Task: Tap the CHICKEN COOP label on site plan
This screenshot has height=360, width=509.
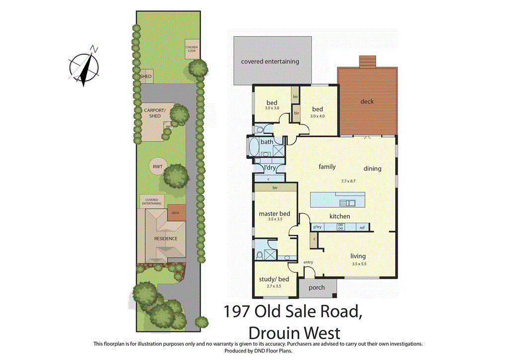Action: point(192,48)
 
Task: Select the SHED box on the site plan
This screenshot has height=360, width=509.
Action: point(146,77)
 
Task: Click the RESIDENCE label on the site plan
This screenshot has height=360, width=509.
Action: point(166,238)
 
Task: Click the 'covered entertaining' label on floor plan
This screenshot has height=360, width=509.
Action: point(270,62)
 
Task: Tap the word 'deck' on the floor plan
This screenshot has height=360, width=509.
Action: point(367,101)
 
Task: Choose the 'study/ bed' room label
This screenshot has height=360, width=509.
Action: point(274,279)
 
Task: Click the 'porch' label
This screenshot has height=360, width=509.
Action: point(317,287)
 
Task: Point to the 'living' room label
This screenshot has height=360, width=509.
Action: point(357,256)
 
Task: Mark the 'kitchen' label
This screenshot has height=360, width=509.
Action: point(339,216)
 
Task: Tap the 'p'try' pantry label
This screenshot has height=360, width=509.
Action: point(317,227)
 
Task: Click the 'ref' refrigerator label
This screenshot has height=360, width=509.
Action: point(362,227)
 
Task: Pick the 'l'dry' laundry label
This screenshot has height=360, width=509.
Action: point(269,169)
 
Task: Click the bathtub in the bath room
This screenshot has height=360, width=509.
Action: point(254,148)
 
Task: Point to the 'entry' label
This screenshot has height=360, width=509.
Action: point(308,262)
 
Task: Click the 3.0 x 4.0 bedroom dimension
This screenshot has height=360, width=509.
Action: point(317,117)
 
